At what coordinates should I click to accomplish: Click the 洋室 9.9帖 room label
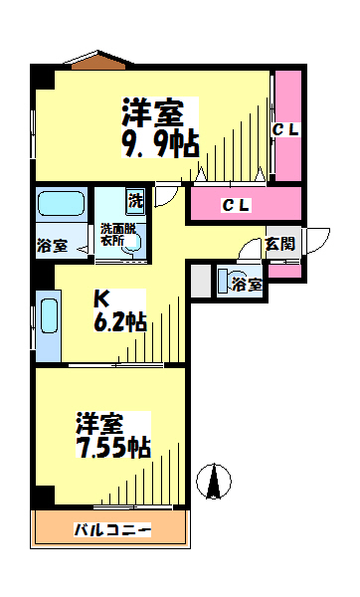160,127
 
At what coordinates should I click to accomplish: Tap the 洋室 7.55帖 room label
113,435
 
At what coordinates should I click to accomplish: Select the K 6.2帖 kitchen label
120,310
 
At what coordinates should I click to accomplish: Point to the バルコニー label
112,529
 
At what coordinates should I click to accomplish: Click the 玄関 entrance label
280,244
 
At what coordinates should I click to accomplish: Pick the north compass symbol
214,481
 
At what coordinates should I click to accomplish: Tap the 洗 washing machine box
136,201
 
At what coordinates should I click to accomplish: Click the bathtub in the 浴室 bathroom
62,204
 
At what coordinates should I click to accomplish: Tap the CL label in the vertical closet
285,130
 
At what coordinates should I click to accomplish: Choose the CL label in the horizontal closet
236,206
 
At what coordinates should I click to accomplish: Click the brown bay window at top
98,61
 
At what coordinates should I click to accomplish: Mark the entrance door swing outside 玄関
318,241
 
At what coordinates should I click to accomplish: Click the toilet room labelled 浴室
241,282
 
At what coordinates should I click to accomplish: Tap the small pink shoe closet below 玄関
284,271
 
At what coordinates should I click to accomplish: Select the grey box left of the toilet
201,281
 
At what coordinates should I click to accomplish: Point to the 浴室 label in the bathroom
52,246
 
